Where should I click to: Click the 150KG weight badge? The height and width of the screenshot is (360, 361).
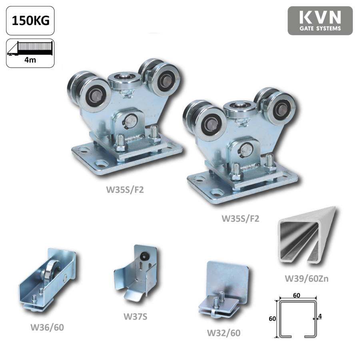(30, 21)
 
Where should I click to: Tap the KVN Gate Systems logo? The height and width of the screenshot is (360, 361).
(320, 21)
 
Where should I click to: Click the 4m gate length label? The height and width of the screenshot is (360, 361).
(30, 60)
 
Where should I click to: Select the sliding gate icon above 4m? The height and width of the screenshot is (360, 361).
(30, 48)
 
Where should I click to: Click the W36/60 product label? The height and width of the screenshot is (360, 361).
(47, 327)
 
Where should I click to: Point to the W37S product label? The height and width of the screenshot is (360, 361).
(136, 316)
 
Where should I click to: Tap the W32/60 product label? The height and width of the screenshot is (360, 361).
(224, 333)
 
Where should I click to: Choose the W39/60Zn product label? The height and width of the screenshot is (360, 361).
(307, 278)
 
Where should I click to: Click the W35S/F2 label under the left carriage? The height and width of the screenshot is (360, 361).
(125, 190)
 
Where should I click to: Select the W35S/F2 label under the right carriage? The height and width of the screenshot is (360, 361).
(240, 218)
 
